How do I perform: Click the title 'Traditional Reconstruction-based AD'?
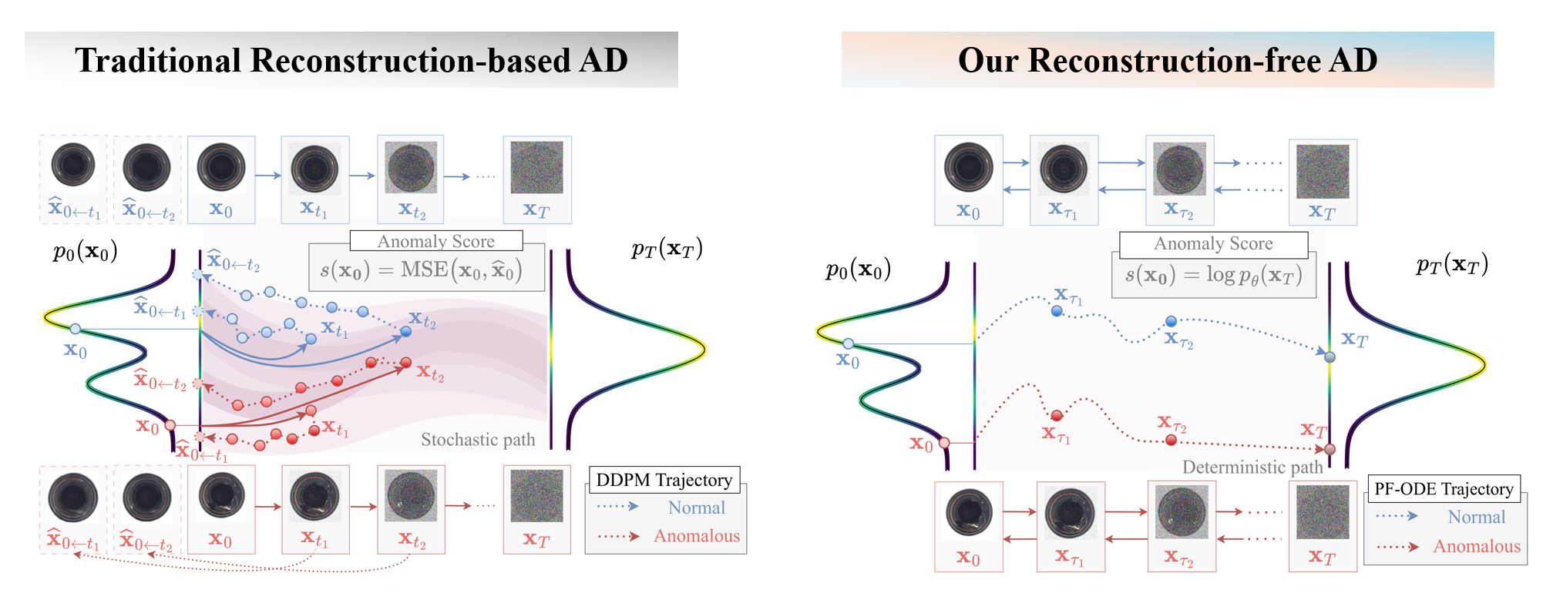351,60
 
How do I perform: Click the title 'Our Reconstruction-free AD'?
1167,60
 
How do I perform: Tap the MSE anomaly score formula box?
426,270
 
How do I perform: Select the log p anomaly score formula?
1214,276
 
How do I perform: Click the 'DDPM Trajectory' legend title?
664,480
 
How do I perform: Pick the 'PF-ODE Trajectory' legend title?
1444,489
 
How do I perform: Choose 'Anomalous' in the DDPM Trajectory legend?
696,536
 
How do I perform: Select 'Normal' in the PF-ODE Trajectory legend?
1476,517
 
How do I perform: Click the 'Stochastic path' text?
478,440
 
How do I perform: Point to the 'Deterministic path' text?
1252,467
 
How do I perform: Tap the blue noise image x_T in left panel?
536,168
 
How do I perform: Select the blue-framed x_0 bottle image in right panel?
969,168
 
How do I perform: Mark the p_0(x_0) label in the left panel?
85,252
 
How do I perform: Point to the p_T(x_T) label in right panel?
1451,265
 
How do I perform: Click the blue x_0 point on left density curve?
75,329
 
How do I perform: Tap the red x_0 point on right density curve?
944,442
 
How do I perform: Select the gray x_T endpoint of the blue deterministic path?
1330,357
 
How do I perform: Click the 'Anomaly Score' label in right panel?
1213,244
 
